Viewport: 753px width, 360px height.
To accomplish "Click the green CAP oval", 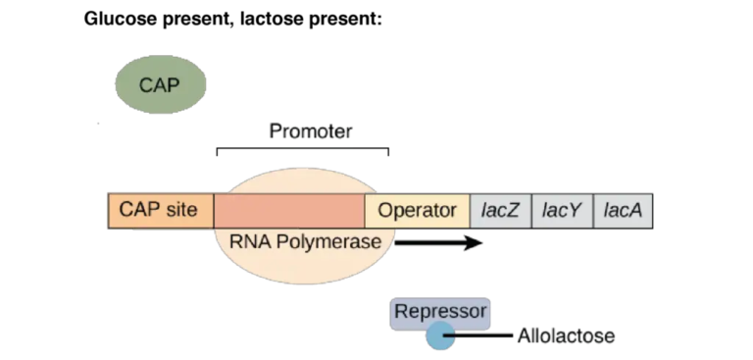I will pos(161,85).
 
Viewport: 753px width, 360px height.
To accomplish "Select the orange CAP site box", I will pos(160,210).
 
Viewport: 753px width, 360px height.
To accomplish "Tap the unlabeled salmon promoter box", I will pos(288,210).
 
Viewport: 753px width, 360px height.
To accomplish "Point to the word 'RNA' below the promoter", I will pos(249,240).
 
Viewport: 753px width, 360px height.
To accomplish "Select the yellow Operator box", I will pos(417,210).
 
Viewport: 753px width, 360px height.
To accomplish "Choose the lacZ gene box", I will pos(500,210).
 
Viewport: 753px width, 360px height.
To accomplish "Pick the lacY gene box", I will pos(562,210).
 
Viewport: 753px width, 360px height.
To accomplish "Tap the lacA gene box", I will pos(623,210).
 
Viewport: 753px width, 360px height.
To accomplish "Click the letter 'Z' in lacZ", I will pos(514,210).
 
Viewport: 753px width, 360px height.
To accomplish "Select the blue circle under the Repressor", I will pos(439,336).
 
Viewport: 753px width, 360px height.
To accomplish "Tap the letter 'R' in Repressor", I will pos(400,313).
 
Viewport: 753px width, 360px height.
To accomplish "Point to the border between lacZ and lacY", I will pos(531,210).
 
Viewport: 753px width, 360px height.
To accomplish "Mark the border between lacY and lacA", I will pos(593,210).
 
